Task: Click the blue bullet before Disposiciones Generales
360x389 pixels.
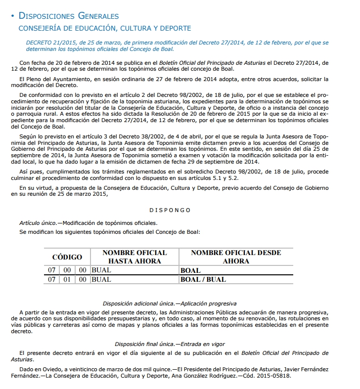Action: pos(12,17)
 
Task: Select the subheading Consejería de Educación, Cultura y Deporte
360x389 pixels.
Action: pos(105,28)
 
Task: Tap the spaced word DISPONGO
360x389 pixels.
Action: pos(170,210)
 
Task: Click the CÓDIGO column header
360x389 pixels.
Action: pos(67,257)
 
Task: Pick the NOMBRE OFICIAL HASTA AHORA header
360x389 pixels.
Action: pos(135,257)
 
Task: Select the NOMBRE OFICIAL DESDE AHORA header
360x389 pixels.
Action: pos(235,257)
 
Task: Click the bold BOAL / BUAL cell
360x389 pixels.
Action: pos(203,279)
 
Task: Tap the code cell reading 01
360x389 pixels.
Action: pos(67,279)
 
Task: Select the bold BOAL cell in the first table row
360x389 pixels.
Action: pos(190,270)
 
